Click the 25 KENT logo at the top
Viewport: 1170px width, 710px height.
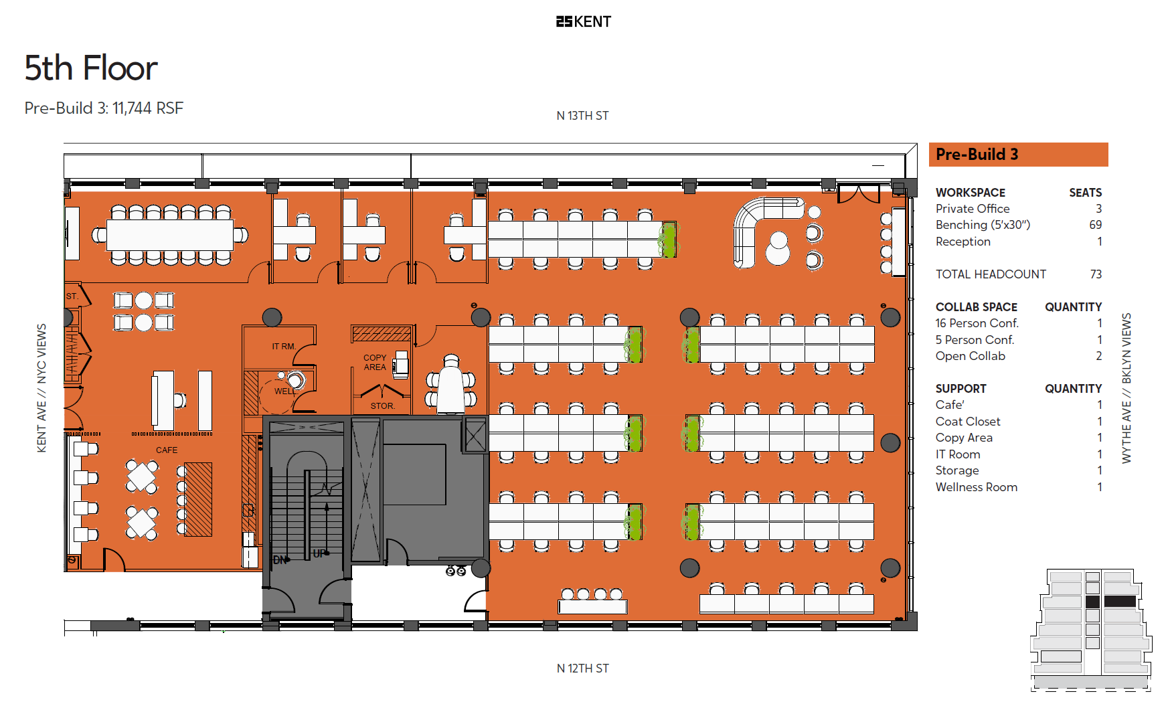pos(583,21)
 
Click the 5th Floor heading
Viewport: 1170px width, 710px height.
pos(91,68)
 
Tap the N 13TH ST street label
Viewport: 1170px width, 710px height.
pos(582,116)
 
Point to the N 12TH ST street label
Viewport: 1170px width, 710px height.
pos(582,669)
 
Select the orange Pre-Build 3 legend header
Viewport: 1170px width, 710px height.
pos(1017,155)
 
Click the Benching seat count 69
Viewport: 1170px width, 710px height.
pos(1095,225)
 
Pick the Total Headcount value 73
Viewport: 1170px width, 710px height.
pos(1096,274)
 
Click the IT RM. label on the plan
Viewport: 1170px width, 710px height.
pos(284,347)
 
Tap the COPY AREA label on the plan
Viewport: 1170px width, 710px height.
pos(375,362)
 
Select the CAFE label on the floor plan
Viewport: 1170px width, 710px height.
pos(167,450)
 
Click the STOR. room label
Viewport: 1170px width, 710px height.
pos(382,406)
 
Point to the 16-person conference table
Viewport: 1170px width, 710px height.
pos(170,235)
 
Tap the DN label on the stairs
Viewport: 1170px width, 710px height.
pos(280,560)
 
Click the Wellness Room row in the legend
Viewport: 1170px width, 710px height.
pos(977,487)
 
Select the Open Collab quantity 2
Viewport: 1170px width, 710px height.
pos(1098,356)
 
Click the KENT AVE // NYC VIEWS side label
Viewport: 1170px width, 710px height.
pos(41,388)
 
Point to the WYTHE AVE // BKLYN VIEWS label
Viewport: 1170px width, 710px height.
pos(1126,388)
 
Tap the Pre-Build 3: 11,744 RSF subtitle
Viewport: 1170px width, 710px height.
pos(104,108)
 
